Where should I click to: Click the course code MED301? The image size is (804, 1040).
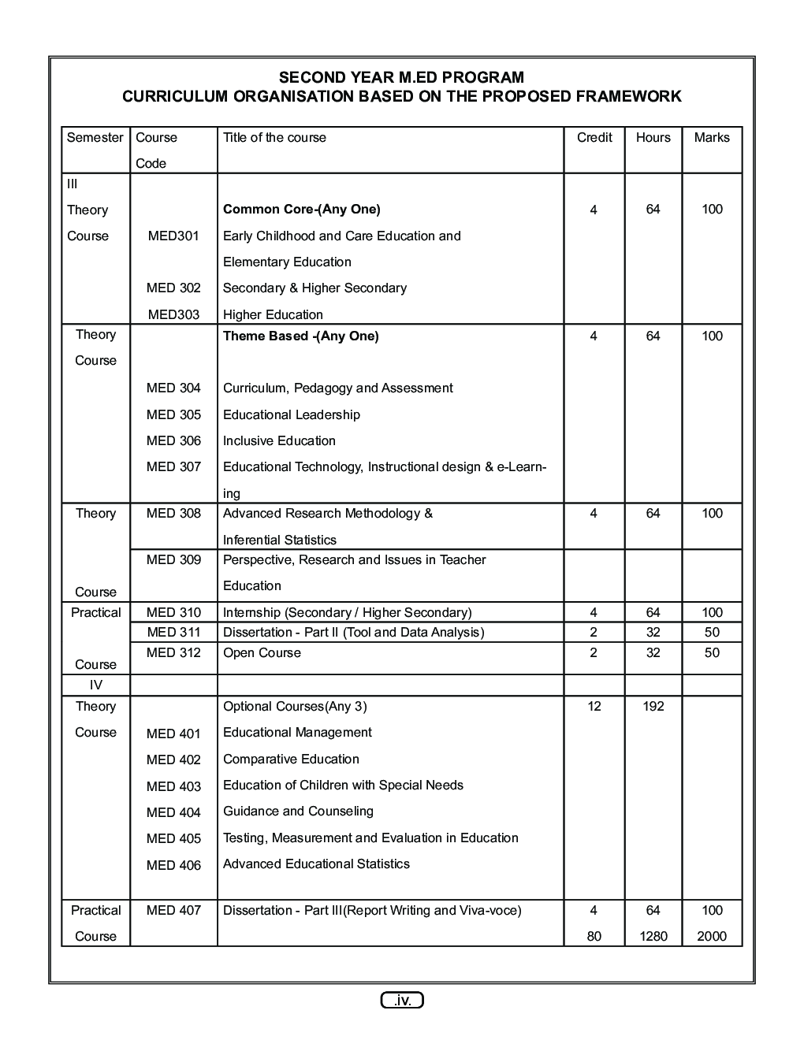[x=173, y=236]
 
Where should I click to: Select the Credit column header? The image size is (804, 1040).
[x=594, y=137]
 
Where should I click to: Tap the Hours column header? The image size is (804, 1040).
[x=653, y=137]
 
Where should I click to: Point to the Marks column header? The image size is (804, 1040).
[x=712, y=137]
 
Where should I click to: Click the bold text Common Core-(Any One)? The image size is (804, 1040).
[x=301, y=209]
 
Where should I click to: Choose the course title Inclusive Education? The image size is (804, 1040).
[x=279, y=440]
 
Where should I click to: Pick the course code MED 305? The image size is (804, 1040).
[x=173, y=414]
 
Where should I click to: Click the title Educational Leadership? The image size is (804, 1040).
[x=292, y=414]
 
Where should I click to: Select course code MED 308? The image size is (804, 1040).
[x=173, y=513]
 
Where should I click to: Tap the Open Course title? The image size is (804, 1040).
[x=262, y=652]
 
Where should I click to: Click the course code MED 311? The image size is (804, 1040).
[x=173, y=632]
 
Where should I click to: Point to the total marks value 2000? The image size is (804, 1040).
[x=712, y=936]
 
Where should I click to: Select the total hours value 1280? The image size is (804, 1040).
[x=653, y=936]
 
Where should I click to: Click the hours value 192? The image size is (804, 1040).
[x=653, y=706]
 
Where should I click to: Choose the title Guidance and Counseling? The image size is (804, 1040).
[x=298, y=811]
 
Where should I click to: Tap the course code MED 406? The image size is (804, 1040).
[x=173, y=865]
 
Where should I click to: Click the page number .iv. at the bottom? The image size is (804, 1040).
[x=402, y=1001]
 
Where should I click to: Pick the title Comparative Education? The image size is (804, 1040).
[x=291, y=759]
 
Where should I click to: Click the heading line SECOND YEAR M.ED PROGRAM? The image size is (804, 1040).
[x=401, y=77]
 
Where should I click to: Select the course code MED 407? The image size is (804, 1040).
[x=173, y=910]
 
